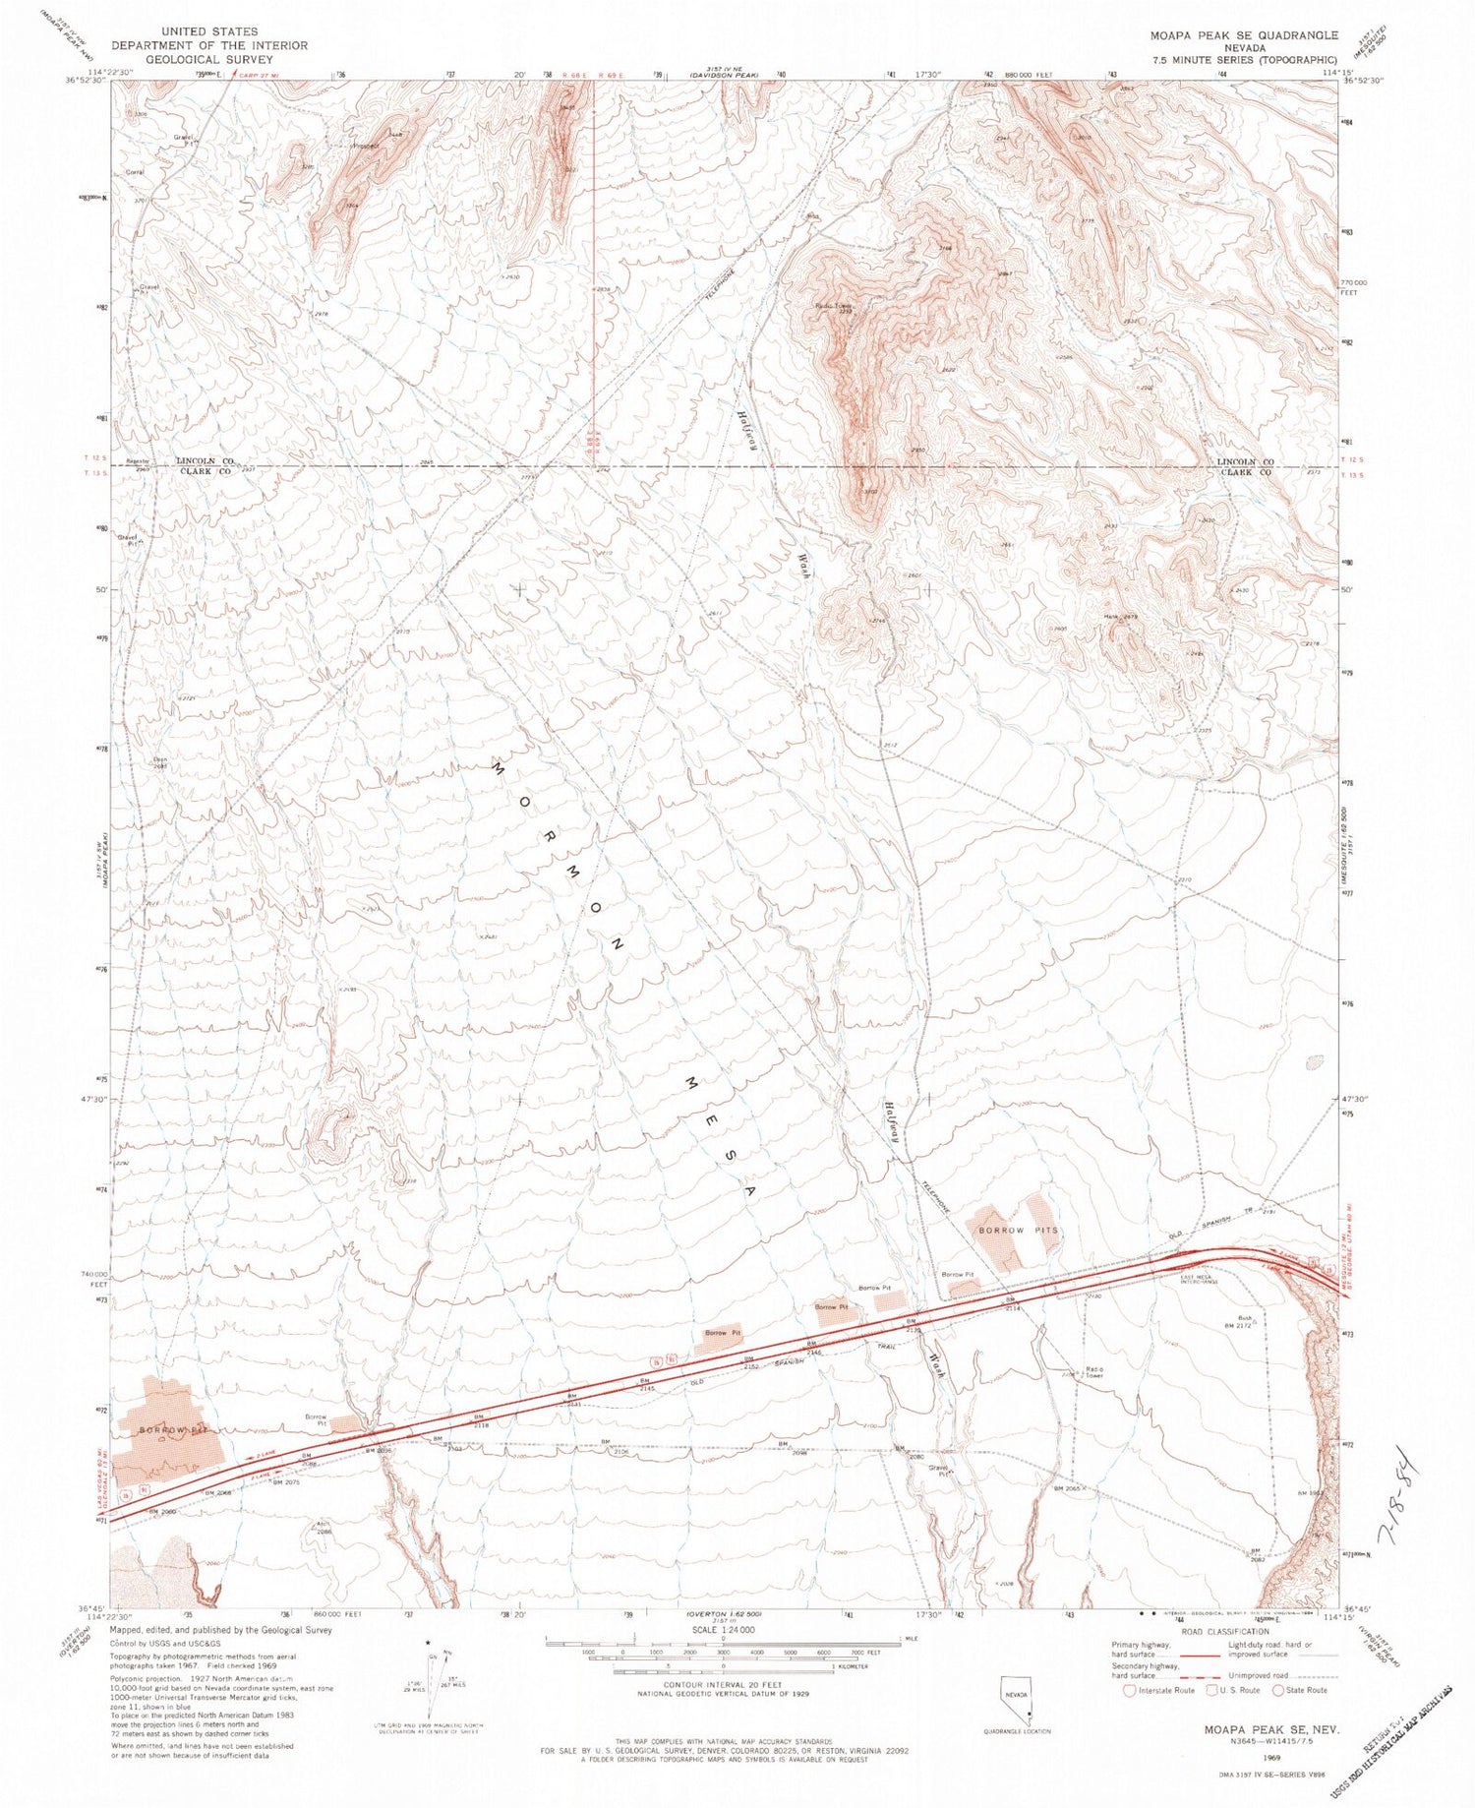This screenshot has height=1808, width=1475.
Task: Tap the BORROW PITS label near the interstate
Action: click(1019, 1231)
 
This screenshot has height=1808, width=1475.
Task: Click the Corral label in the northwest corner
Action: click(135, 173)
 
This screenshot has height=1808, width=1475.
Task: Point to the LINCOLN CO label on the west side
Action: click(205, 460)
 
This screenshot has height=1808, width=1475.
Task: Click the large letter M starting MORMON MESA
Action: click(498, 769)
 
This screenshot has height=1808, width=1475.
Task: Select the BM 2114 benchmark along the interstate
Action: click(1011, 1304)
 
